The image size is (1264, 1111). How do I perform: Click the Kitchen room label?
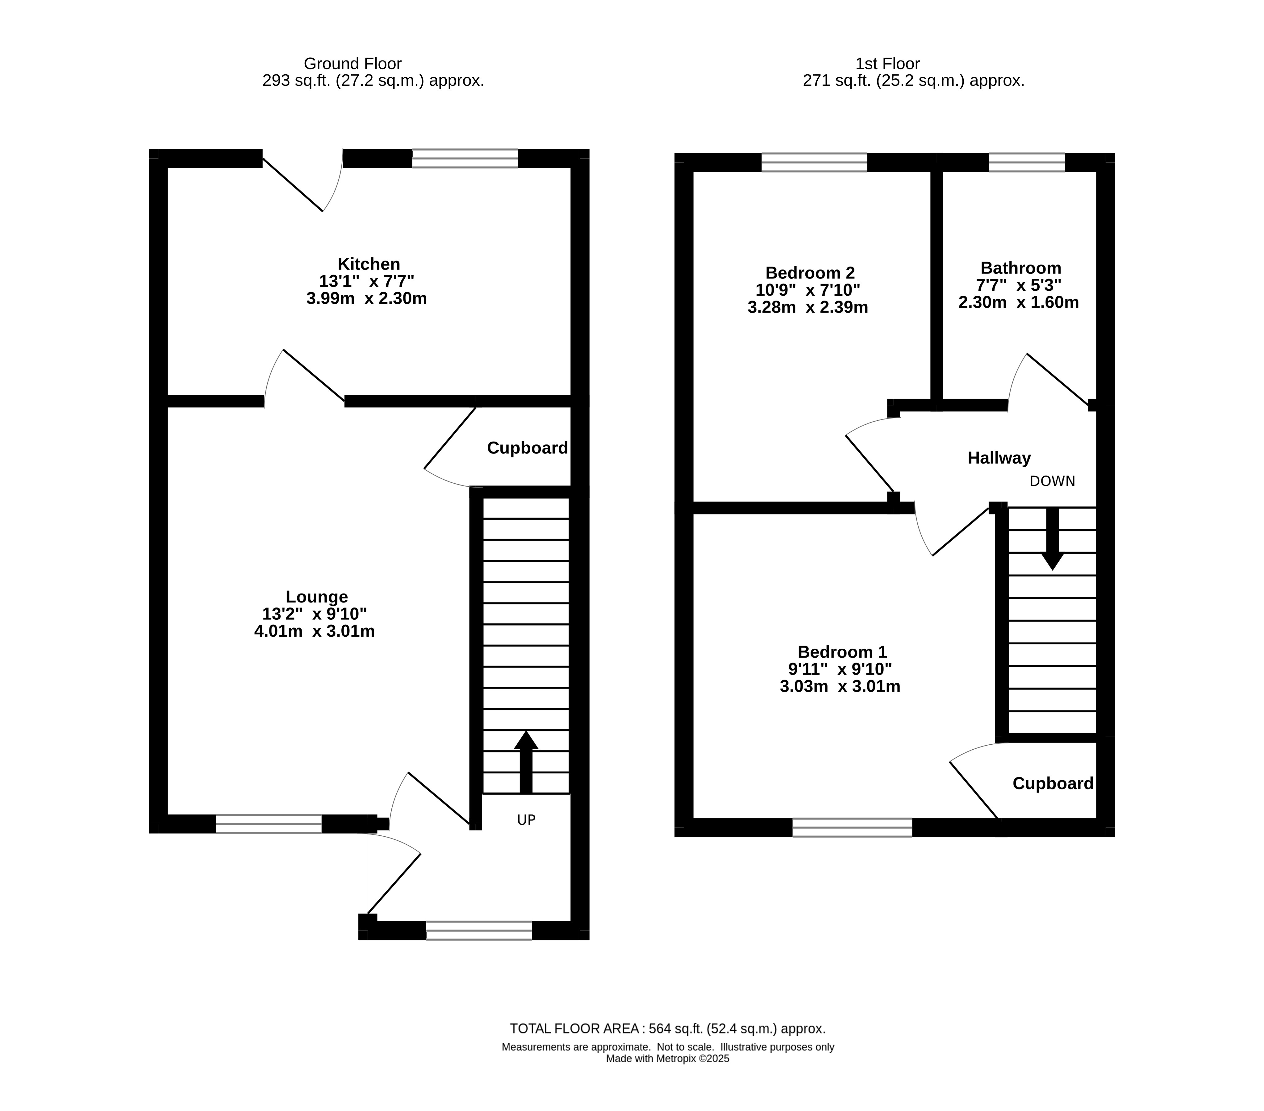[369, 264]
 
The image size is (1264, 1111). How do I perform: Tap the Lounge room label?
[317, 597]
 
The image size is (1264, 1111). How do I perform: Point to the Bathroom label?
[1021, 268]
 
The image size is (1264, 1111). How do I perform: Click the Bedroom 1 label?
[842, 652]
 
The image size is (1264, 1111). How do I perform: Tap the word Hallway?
[999, 458]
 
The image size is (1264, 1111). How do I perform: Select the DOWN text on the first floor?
[1053, 481]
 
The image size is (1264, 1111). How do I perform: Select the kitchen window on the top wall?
[465, 158]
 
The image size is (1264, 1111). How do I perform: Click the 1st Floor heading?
[887, 64]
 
